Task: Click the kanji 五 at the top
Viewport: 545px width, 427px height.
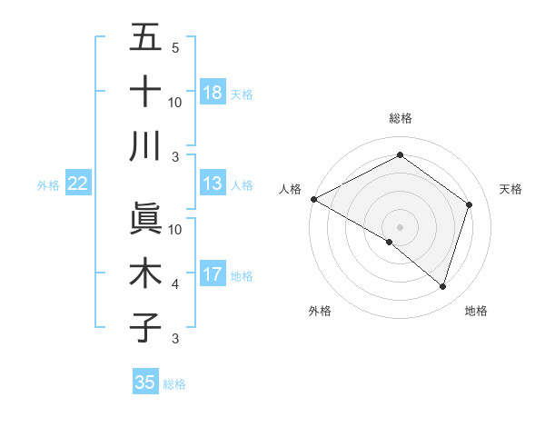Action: tap(145, 39)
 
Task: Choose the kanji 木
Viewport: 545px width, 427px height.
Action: tap(145, 273)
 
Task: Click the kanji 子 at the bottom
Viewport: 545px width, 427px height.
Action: tap(145, 327)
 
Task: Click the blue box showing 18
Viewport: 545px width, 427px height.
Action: tap(212, 93)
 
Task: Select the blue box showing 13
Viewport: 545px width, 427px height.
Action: tap(212, 184)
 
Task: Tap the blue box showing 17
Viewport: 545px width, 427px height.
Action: tap(212, 274)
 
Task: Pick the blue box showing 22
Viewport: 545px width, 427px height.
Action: tap(77, 184)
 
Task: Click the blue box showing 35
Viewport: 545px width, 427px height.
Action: tap(145, 382)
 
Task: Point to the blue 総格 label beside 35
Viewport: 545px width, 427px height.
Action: tap(174, 383)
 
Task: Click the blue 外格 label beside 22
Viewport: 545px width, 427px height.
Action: tap(48, 184)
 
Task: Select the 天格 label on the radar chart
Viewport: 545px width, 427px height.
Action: tap(510, 189)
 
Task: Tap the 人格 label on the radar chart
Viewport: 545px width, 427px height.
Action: tap(290, 189)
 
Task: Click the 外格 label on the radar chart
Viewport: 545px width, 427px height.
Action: tap(320, 311)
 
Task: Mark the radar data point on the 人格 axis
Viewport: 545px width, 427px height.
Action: tap(313, 199)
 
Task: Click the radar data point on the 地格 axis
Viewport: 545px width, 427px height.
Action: tap(442, 286)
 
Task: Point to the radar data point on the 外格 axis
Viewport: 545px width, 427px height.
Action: tap(390, 242)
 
